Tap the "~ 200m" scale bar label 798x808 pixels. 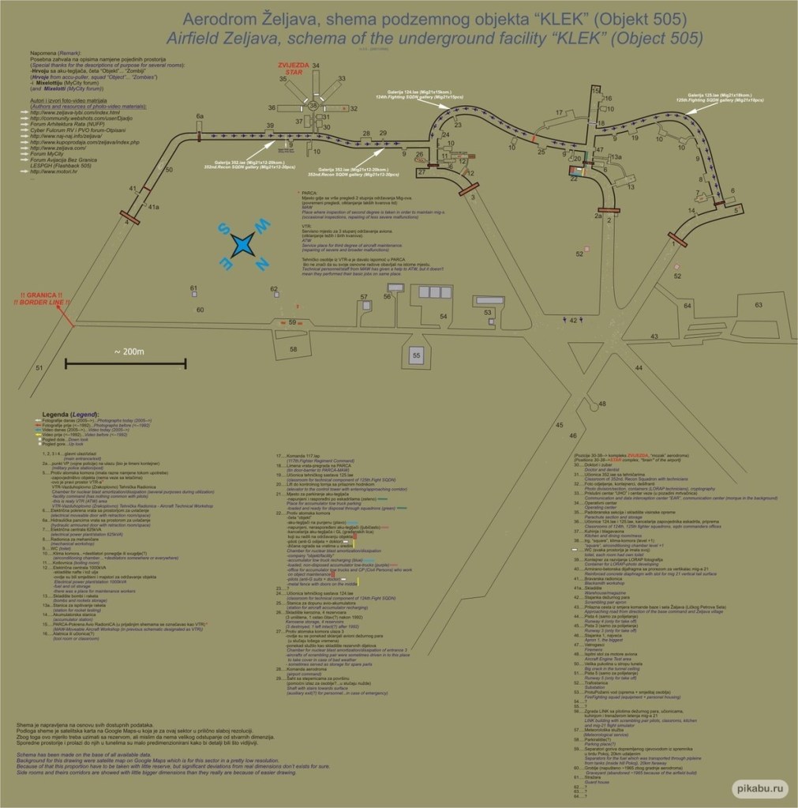(x=127, y=351)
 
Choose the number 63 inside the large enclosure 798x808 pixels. (x=759, y=304)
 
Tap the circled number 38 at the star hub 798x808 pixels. (x=313, y=105)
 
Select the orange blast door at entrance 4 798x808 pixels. (x=130, y=216)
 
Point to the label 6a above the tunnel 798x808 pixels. (x=200, y=116)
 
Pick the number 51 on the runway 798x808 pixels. (x=39, y=367)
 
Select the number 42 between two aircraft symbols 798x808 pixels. (x=574, y=320)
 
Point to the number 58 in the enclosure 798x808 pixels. (x=294, y=348)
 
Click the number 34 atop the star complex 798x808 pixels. (x=316, y=65)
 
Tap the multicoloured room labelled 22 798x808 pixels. (x=575, y=171)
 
